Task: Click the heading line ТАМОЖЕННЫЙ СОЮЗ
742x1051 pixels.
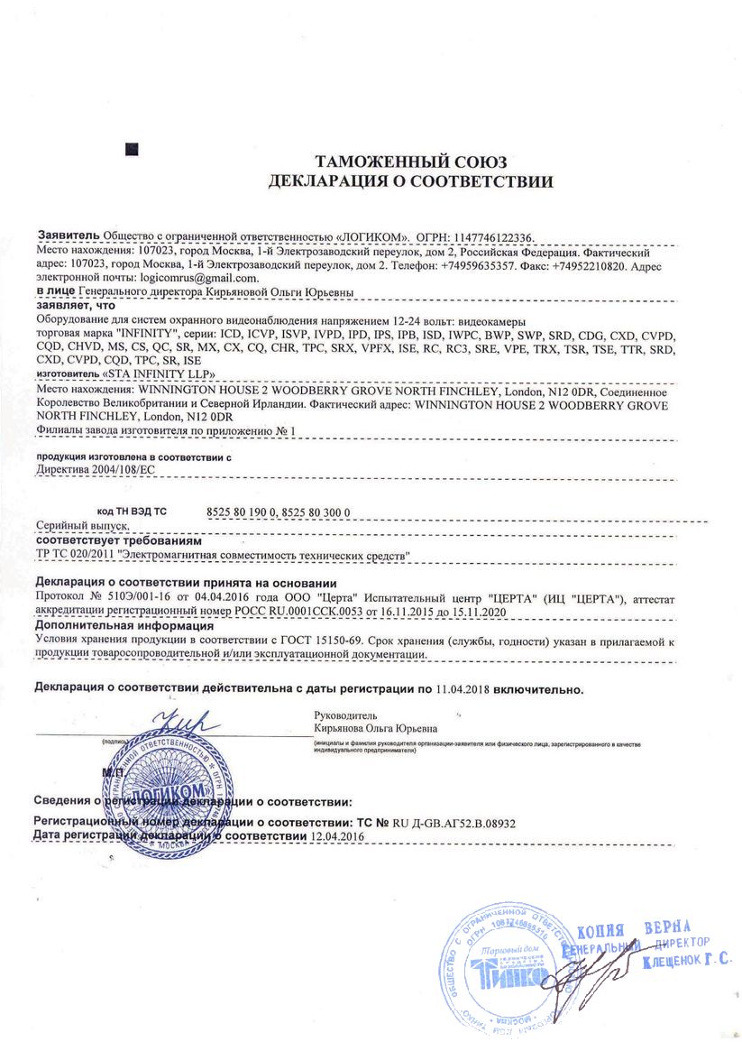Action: [411, 162]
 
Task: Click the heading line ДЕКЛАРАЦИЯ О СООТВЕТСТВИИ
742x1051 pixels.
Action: [411, 181]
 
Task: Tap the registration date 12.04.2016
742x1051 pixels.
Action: [336, 836]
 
